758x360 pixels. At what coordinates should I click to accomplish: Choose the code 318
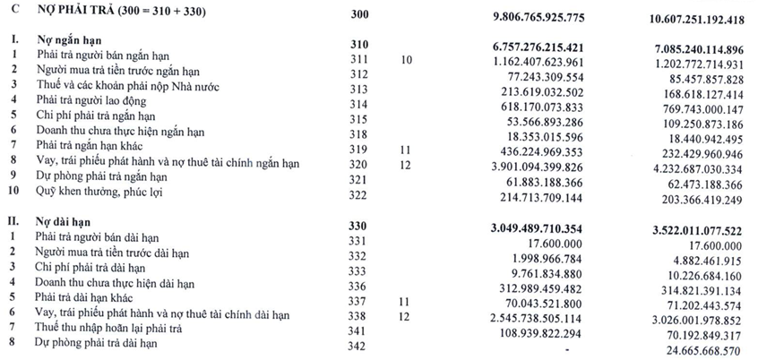[359, 133]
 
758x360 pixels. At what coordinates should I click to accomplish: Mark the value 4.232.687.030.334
[687, 167]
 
